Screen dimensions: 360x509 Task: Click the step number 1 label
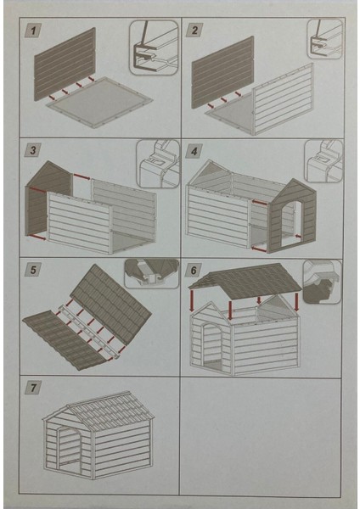33,31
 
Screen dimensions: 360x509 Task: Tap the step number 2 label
194,31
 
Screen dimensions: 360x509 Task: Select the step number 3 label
33,150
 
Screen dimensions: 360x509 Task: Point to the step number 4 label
194,151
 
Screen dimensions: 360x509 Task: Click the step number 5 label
33,270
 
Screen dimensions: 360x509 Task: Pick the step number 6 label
194,270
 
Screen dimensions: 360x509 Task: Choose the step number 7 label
33,388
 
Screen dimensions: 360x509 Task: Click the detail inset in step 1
154,48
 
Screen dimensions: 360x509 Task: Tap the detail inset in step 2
325,39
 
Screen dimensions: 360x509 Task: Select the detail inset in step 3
158,164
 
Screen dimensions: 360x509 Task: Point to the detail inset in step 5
151,274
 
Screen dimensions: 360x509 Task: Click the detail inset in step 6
323,282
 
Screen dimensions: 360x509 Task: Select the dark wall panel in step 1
65,64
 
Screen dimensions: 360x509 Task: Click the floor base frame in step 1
99,102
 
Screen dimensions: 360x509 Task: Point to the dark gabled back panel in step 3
48,198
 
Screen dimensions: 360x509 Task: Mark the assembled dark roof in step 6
245,282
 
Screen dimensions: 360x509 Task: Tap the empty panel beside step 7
261,436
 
